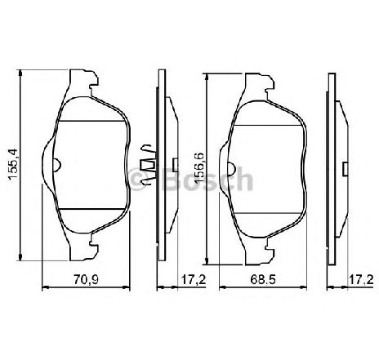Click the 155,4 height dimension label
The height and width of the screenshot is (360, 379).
tap(14, 165)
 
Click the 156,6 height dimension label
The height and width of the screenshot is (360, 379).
tap(199, 167)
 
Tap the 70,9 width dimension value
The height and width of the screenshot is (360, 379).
tap(86, 279)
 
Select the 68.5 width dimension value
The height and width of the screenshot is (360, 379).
tap(263, 279)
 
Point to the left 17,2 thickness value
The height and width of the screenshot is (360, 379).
tap(194, 279)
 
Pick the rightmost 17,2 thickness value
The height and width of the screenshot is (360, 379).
tap(361, 279)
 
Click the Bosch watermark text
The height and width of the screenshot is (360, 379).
tap(207, 179)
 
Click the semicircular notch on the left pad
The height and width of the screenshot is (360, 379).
tap(57, 165)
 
